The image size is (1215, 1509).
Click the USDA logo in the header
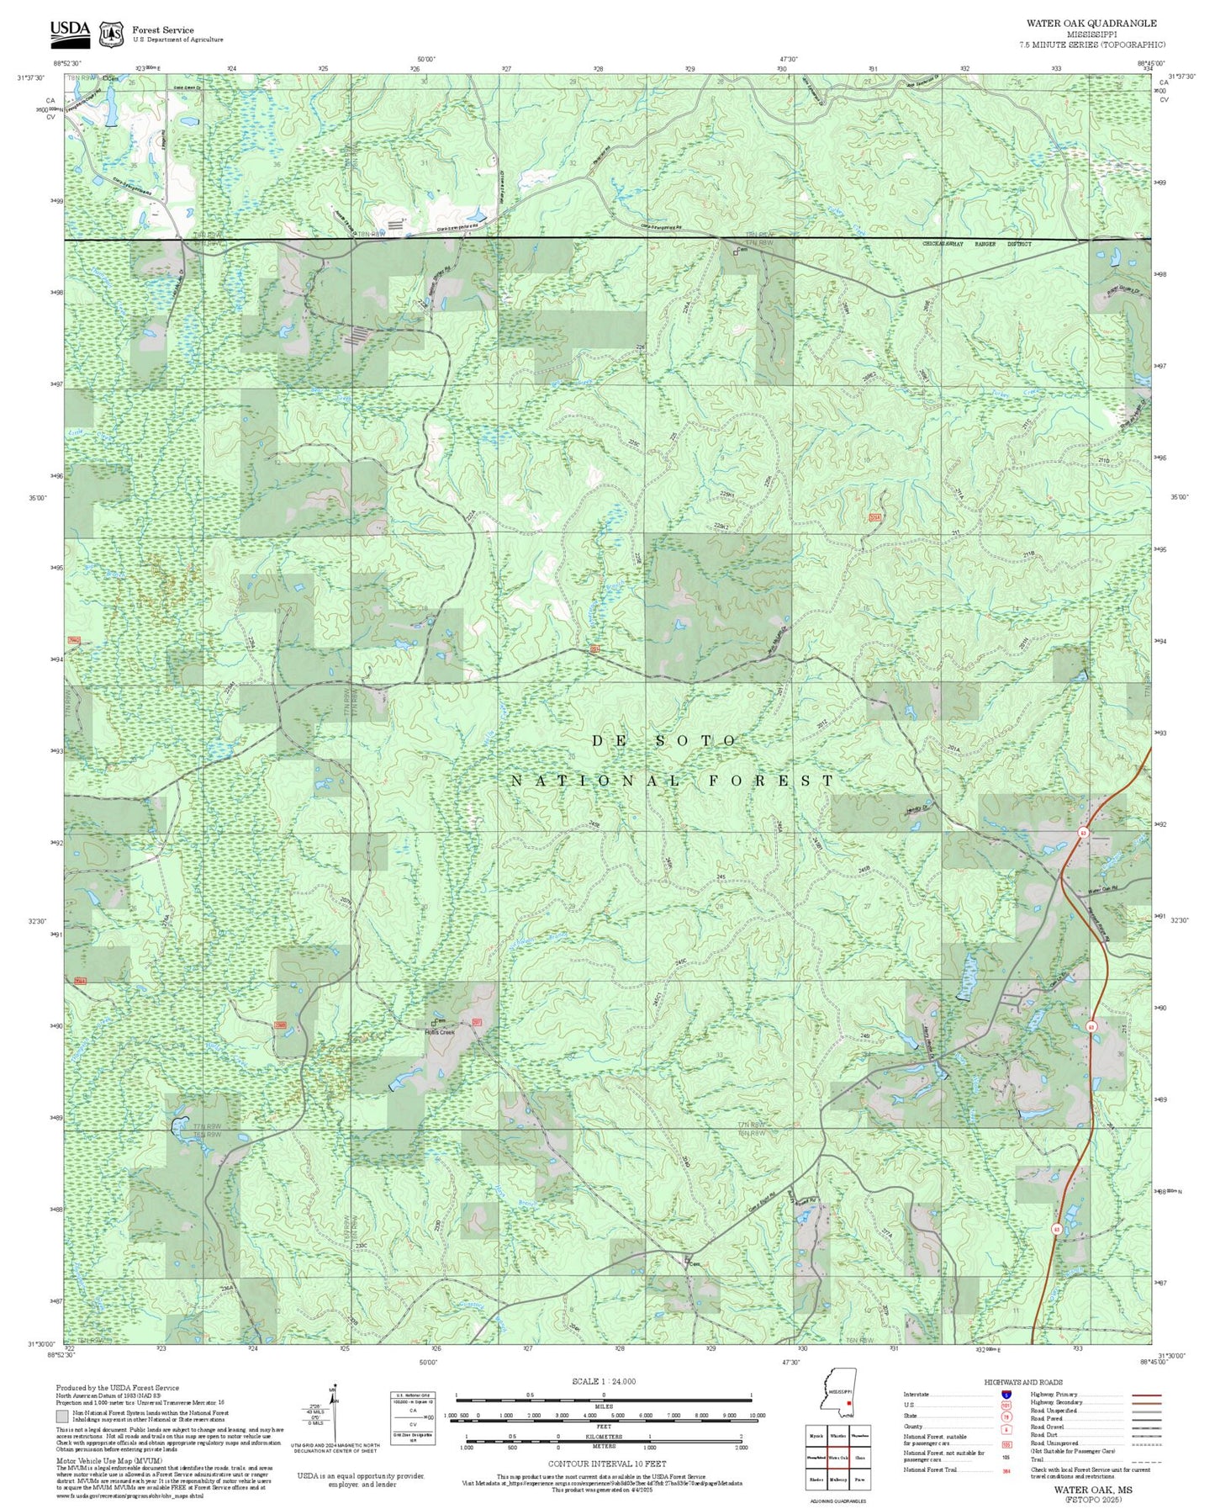(x=69, y=31)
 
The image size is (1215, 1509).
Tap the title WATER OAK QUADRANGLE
(x=1091, y=24)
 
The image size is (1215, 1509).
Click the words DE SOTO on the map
(x=665, y=740)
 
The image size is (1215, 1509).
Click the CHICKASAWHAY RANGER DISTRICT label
(x=976, y=243)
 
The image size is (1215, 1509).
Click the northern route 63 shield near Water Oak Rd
(x=1084, y=832)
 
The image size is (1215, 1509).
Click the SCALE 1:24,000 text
(x=603, y=1381)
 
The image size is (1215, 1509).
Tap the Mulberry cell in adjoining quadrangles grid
(x=838, y=1479)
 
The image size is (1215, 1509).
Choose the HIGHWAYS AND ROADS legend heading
(x=1022, y=1382)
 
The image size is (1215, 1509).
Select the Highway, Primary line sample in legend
(x=1145, y=1394)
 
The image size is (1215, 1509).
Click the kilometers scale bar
(x=603, y=1443)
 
